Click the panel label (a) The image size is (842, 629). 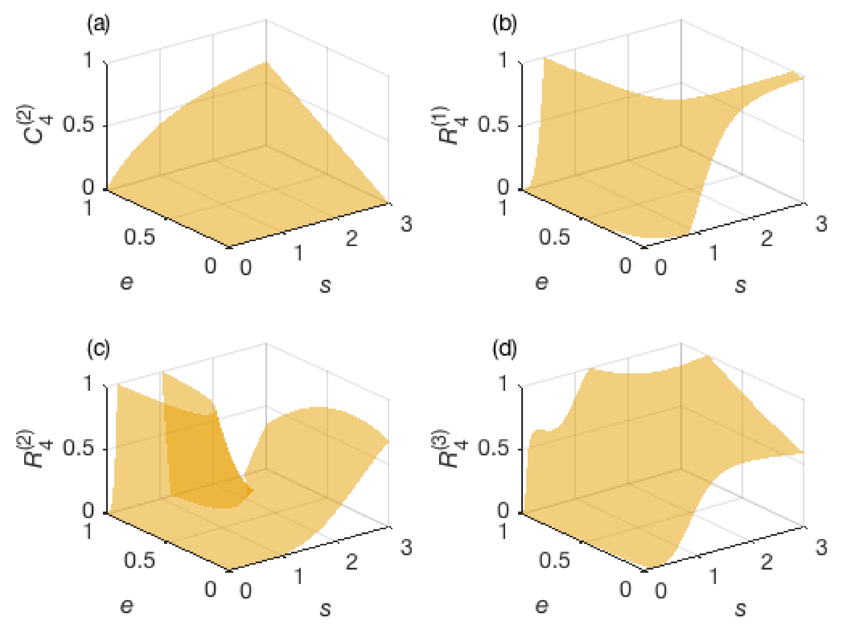click(x=98, y=24)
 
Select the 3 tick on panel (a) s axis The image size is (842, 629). click(x=406, y=224)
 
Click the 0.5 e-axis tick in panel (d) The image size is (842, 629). click(x=554, y=560)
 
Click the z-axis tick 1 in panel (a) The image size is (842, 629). click(x=88, y=60)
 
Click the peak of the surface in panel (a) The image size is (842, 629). click(x=266, y=63)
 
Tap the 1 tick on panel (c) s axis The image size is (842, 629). click(x=299, y=576)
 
